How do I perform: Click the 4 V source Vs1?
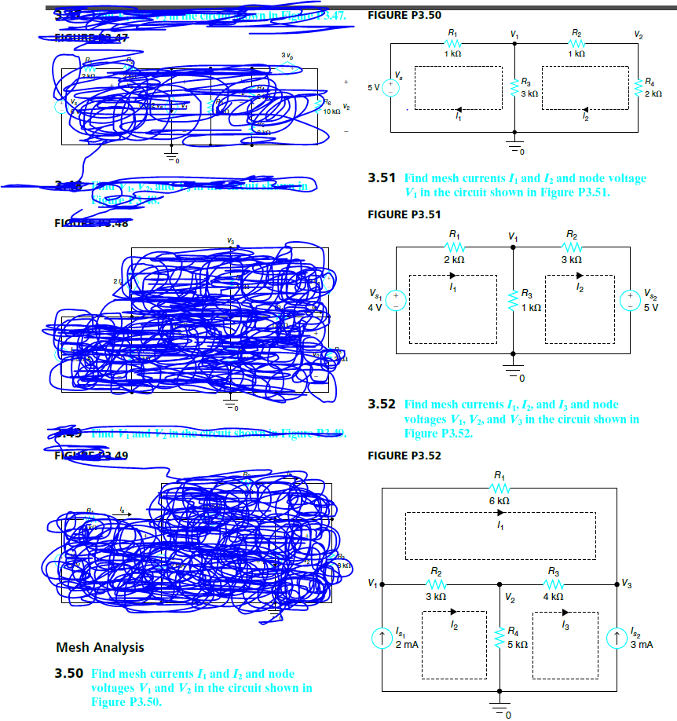[397, 301]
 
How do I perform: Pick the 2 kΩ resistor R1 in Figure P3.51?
[453, 246]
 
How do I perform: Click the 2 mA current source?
[382, 635]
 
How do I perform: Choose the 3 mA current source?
[618, 635]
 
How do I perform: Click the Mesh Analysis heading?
[100, 648]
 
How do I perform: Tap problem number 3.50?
[69, 675]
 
